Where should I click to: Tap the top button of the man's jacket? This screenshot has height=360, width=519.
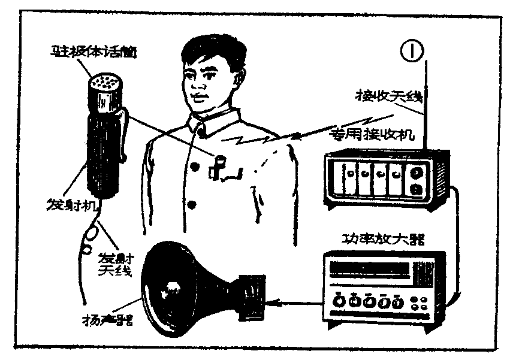[195, 165]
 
